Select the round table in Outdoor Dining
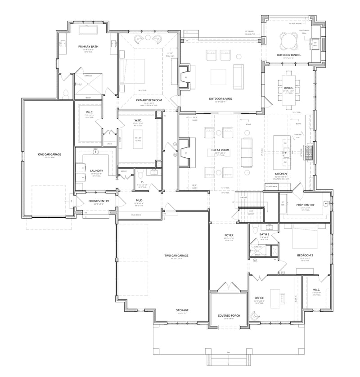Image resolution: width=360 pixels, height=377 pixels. click(x=288, y=42)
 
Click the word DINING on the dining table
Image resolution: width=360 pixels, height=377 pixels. click(x=288, y=88)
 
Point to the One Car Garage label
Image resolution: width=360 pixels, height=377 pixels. click(x=49, y=154)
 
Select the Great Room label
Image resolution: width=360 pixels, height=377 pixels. click(x=220, y=150)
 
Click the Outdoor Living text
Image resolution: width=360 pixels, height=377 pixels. click(x=220, y=99)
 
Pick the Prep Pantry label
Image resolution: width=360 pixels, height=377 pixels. click(x=305, y=205)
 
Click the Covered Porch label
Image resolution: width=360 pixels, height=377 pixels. click(x=229, y=316)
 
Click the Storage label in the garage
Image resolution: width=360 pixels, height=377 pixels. click(x=182, y=310)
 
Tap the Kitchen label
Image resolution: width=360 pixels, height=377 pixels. click(x=281, y=174)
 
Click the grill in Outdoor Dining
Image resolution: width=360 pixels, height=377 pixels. click(x=315, y=43)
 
